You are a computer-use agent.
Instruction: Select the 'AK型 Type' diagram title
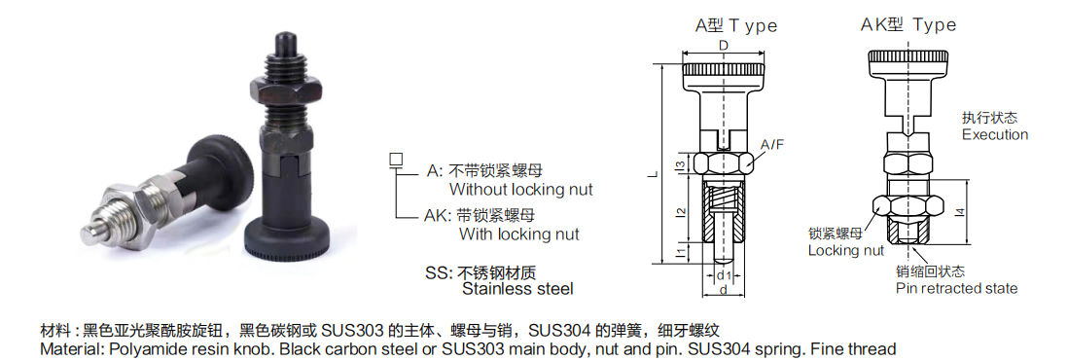908,25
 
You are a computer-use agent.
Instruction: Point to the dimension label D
724,46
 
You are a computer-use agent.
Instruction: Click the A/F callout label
772,145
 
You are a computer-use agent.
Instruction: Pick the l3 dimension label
681,161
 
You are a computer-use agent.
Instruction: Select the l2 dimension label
681,210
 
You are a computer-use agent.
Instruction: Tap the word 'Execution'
994,134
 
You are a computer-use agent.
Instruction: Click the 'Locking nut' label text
845,251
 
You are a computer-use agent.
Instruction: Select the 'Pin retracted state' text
956,288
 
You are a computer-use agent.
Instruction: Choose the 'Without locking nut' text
520,190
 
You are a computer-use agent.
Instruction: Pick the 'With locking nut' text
518,234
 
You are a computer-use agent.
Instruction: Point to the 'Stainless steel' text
517,289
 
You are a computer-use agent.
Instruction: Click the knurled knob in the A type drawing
723,71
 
